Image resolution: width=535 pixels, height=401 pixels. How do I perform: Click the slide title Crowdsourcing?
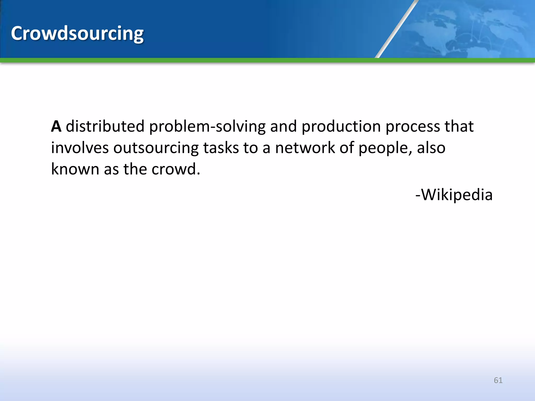(77, 33)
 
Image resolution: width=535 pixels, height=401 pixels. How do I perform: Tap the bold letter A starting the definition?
(56, 127)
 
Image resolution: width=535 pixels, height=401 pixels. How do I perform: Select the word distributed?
(105, 127)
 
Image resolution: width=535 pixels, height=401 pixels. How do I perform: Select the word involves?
(80, 148)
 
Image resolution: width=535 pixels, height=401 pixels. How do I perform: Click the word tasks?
(221, 148)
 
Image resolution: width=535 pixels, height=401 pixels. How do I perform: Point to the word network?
(305, 148)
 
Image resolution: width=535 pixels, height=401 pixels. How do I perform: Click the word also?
(431, 148)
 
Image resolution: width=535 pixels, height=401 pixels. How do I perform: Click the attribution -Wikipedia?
(454, 195)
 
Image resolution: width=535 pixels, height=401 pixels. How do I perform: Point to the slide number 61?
(498, 380)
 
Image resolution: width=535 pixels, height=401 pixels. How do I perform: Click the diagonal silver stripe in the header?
(396, 29)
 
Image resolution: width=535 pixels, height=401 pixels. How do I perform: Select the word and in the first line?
(283, 127)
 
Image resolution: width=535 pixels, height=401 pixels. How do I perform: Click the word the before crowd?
(135, 169)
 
